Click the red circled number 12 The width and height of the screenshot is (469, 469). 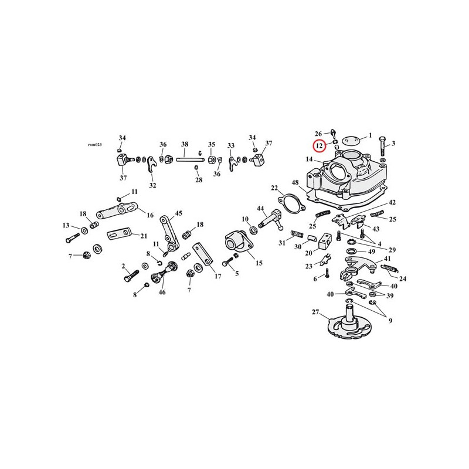click(319, 146)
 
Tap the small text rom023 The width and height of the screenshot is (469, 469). click(95, 144)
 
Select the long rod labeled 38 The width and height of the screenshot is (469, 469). click(190, 159)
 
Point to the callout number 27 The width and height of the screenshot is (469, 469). click(315, 312)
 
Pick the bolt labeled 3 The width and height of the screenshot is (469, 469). click(383, 146)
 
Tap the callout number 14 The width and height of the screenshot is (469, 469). click(310, 159)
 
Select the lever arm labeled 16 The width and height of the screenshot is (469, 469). click(117, 210)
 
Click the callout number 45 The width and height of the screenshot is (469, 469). click(179, 213)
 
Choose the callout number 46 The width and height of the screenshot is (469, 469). click(162, 292)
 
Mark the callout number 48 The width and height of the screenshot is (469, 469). click(295, 182)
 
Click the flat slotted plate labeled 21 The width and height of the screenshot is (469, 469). click(119, 234)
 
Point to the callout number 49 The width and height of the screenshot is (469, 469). click(372, 252)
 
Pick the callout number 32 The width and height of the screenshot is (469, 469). click(152, 185)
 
